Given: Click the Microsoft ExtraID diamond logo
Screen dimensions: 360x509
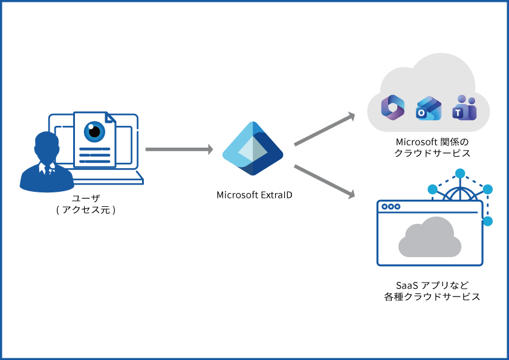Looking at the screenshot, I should [x=253, y=149].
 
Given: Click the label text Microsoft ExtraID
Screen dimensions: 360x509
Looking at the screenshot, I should [x=254, y=195].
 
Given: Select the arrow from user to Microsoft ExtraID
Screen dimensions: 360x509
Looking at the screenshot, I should [x=179, y=149].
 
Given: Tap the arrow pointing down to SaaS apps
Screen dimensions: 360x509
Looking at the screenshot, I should [x=324, y=180].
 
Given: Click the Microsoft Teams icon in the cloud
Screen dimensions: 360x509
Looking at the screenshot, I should [x=464, y=108].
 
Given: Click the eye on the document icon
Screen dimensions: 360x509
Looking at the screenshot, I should [x=94, y=131].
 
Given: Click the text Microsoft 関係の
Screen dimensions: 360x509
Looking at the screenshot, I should [x=432, y=141].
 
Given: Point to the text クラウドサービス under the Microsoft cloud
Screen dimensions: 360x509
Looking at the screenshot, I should [x=432, y=153].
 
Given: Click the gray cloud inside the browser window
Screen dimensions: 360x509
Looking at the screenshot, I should [x=430, y=240].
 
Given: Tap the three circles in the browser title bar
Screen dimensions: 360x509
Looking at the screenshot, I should [x=391, y=207].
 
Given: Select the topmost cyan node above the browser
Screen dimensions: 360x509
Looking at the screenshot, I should [x=460, y=174].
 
